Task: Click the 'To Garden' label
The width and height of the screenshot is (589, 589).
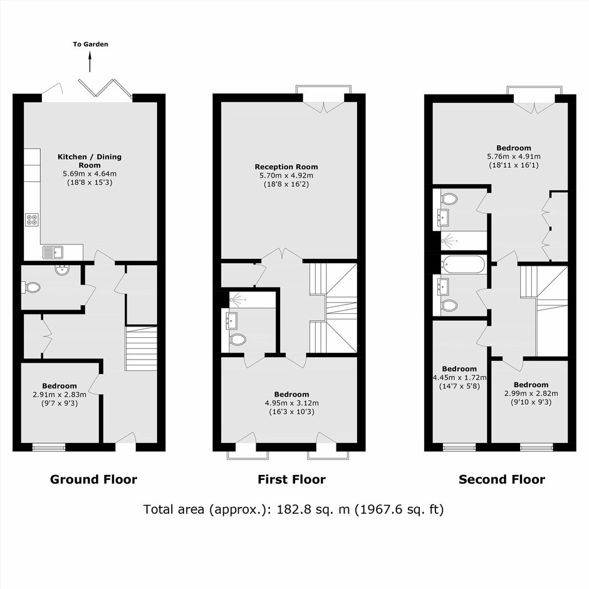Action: coord(90,44)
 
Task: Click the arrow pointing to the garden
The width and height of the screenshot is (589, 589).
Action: coord(90,61)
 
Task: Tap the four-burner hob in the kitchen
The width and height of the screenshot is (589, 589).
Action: coord(32,220)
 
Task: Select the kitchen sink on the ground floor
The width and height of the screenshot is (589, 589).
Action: coord(53,253)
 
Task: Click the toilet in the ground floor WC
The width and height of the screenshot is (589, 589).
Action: coord(31,288)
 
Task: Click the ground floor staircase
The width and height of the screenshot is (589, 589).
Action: coord(141,348)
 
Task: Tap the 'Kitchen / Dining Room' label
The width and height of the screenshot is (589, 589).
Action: coord(90,161)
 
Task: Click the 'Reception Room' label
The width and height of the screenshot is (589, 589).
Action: coord(286,167)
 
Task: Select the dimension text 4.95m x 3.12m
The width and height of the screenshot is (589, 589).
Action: coord(292,403)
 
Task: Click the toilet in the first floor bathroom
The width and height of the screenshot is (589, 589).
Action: coord(237,340)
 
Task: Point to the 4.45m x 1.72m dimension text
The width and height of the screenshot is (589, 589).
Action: coord(460,377)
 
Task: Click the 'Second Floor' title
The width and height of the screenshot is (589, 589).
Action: coord(502,480)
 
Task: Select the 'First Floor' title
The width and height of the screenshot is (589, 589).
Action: coord(291,480)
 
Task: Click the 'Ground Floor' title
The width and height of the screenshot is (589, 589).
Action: coord(93,480)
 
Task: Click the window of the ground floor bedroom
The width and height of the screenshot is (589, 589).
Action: coord(49,447)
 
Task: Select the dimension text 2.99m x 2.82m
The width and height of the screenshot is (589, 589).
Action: coord(531,394)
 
